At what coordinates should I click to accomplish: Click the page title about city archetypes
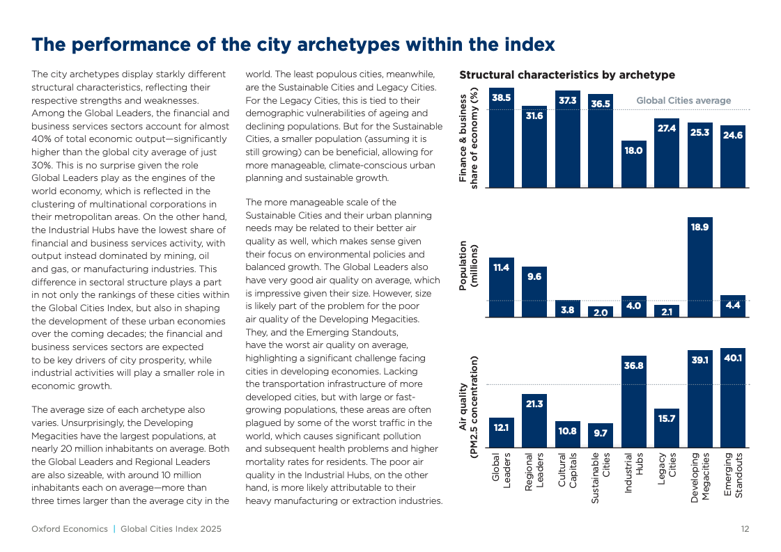(293, 45)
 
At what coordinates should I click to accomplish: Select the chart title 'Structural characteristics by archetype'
(567, 75)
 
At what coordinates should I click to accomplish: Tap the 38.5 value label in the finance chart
(501, 98)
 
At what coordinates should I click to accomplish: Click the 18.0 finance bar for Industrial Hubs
(633, 164)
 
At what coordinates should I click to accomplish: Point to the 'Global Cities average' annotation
(683, 101)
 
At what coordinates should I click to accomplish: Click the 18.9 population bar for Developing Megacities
(699, 268)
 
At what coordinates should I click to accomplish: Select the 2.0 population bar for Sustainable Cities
(601, 312)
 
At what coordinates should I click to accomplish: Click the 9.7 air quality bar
(601, 436)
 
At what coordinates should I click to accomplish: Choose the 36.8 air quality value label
(633, 365)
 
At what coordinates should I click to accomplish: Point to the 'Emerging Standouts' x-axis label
(733, 475)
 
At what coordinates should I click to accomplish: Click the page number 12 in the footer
(745, 529)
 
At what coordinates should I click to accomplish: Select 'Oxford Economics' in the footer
(70, 529)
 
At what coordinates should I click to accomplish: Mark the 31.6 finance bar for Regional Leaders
(534, 146)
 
